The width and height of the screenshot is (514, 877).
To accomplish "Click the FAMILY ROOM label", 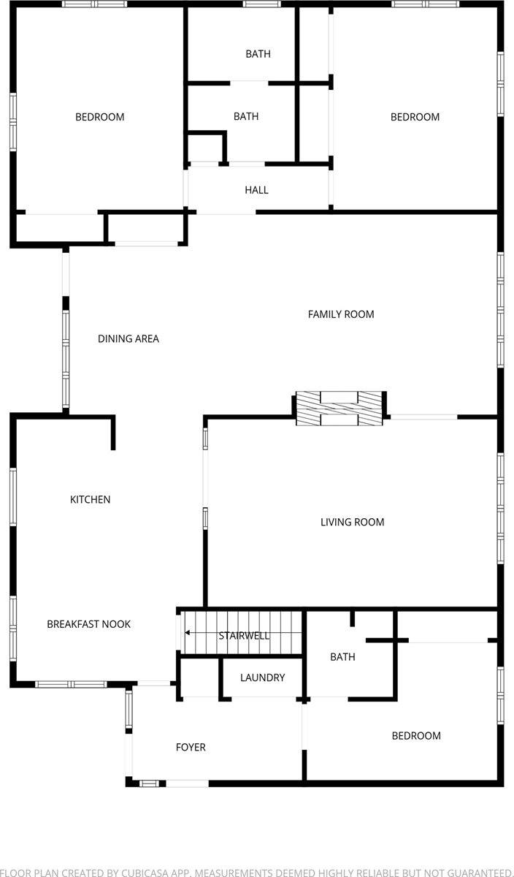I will tap(340, 314).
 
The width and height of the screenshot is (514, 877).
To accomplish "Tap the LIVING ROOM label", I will tap(352, 522).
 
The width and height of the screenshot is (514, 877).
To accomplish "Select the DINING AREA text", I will tap(128, 338).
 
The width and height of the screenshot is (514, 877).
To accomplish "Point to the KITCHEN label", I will tap(90, 499).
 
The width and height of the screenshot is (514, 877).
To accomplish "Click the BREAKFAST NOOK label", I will tap(88, 624).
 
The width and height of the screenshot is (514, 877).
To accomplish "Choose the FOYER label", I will tap(191, 747).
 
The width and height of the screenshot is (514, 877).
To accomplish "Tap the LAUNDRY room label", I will tap(262, 677).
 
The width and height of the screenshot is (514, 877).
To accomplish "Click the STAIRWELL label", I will tap(244, 636).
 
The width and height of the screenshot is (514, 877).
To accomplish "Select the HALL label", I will tap(256, 190).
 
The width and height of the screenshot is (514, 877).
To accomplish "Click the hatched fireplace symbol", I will tap(340, 409).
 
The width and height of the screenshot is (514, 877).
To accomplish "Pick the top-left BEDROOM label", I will tap(99, 117).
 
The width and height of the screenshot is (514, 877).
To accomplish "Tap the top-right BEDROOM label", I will tap(415, 117).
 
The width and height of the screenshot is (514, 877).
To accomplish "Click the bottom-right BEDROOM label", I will tap(416, 735).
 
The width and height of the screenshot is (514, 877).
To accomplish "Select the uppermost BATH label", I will tap(258, 53).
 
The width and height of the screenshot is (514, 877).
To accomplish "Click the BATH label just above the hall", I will tap(246, 116).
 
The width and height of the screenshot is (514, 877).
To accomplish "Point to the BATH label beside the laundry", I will tap(342, 656).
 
